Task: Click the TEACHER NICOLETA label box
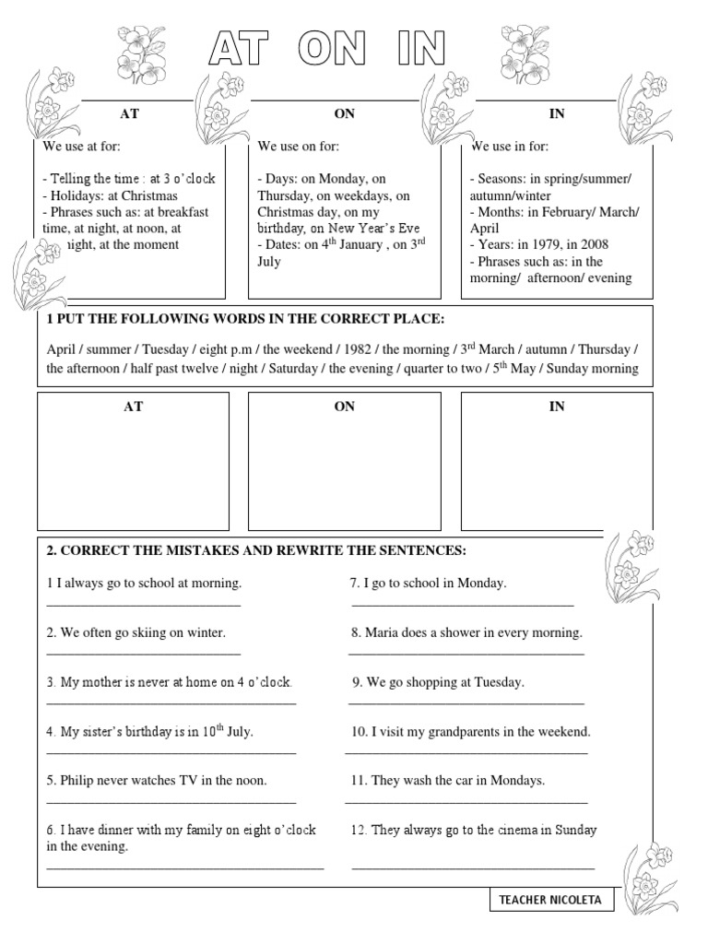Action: click(x=551, y=900)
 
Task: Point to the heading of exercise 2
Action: click(x=257, y=550)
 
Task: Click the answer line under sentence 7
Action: click(x=463, y=605)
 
